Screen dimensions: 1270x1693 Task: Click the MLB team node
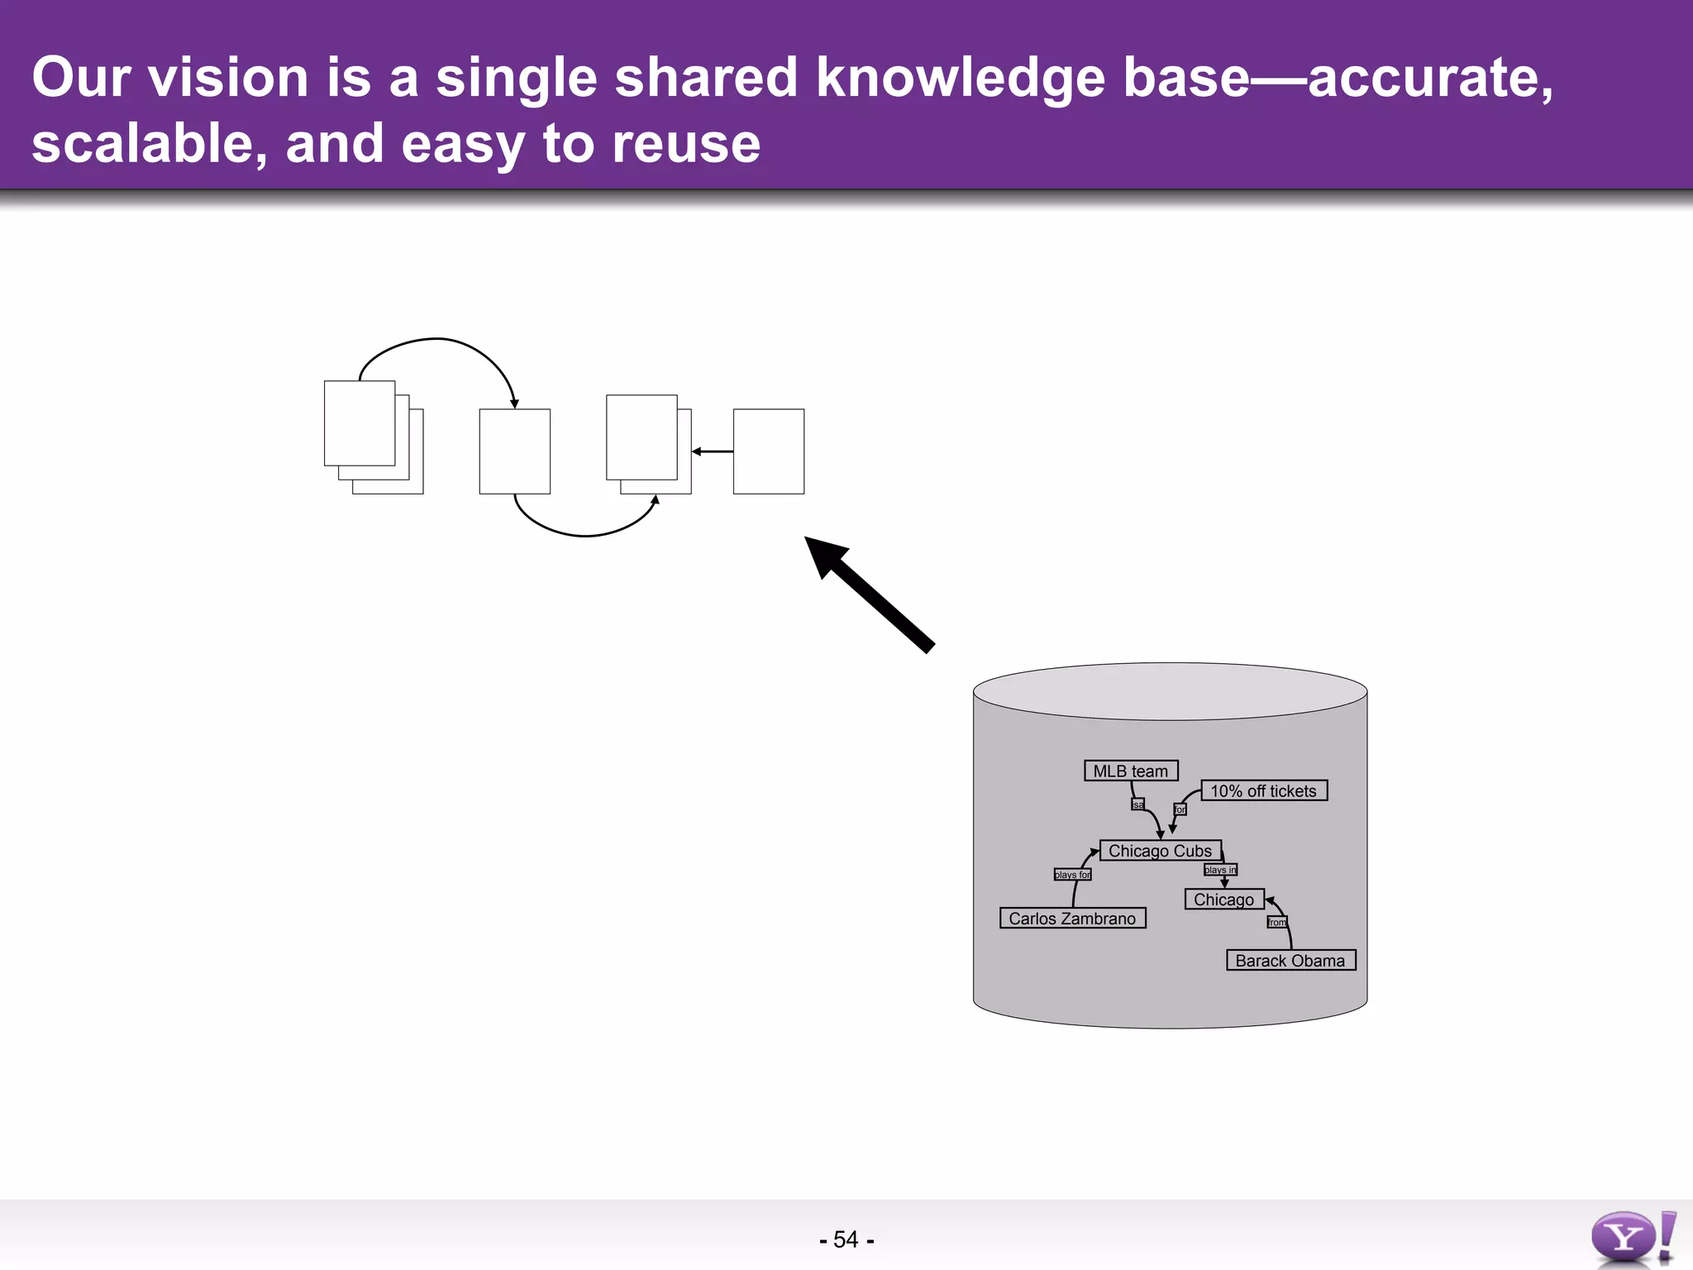coord(1131,771)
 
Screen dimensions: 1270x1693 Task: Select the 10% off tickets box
coord(1264,790)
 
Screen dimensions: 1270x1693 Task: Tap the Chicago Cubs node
coord(1160,851)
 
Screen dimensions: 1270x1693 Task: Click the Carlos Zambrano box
coord(1072,919)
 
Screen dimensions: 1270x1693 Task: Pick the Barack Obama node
coord(1290,960)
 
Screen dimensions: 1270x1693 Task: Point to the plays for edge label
coord(1072,875)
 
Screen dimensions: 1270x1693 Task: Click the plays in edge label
coord(1220,870)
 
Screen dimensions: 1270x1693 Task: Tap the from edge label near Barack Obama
coord(1277,922)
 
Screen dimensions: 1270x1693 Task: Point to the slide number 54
coord(846,1239)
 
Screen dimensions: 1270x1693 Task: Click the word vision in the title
coord(227,78)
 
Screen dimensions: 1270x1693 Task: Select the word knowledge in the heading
coord(961,78)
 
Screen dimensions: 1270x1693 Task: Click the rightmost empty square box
coord(769,451)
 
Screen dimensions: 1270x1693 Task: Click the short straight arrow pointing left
coord(713,451)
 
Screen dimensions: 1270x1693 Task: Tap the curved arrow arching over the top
coord(438,339)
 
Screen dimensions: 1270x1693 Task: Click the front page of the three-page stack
coord(360,423)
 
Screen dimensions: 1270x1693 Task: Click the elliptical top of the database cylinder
coord(1170,691)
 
